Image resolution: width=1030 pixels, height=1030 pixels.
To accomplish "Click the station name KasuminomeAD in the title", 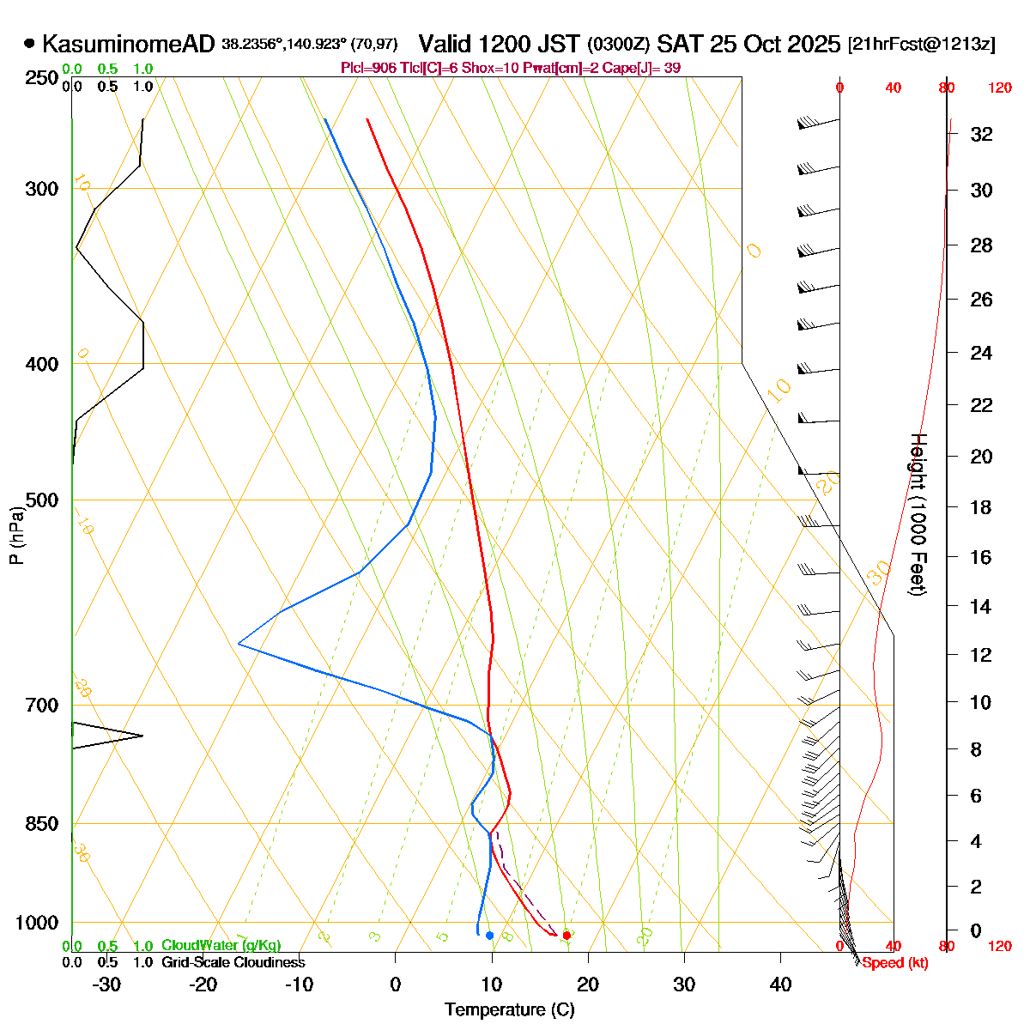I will [x=129, y=44].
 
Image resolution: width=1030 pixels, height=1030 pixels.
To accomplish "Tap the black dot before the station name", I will [x=30, y=43].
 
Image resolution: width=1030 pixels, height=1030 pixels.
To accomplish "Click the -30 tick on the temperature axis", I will [x=106, y=985].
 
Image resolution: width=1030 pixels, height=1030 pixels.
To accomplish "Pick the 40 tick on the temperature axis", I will [x=780, y=985].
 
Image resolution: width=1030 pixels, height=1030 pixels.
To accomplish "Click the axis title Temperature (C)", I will [x=510, y=1009].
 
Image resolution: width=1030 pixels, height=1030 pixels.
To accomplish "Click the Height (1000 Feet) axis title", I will [x=918, y=515].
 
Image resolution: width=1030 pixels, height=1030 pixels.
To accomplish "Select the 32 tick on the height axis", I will [x=981, y=134].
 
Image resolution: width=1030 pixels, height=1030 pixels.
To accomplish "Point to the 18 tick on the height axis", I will [x=981, y=507].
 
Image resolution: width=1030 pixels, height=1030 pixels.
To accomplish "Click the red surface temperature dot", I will [x=566, y=935].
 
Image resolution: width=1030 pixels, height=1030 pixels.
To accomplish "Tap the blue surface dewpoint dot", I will [x=489, y=936].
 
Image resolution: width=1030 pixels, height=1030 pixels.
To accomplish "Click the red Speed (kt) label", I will [x=895, y=963].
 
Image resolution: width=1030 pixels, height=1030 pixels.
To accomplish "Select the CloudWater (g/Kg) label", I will [x=221, y=945].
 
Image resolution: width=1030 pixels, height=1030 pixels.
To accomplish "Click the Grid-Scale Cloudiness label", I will [x=233, y=962].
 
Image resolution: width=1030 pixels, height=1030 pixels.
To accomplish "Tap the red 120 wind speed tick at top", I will [x=1000, y=88].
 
